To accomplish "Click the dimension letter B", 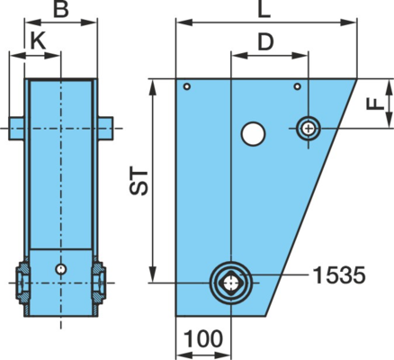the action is (x=61, y=9).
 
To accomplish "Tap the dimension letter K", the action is (x=39, y=41).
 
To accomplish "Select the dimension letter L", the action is (x=264, y=10).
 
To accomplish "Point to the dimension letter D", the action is (x=266, y=42).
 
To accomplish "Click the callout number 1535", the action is (x=339, y=275).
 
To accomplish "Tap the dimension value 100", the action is (x=203, y=338).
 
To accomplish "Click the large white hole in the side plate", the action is (x=253, y=134).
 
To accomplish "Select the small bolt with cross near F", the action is (x=309, y=129).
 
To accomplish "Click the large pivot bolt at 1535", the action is (x=231, y=283).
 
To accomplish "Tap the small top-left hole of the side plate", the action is (x=187, y=86).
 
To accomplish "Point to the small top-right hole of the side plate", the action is (x=297, y=86).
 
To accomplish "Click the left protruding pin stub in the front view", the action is (x=16, y=129).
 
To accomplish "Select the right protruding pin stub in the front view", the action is (x=105, y=129).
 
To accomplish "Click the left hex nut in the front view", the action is (x=22, y=283).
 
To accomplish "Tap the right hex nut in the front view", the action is (x=99, y=283).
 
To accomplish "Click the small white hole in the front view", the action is (x=61, y=268).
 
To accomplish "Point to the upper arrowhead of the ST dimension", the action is (x=153, y=86).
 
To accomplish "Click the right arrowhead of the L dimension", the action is (x=349, y=22).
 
